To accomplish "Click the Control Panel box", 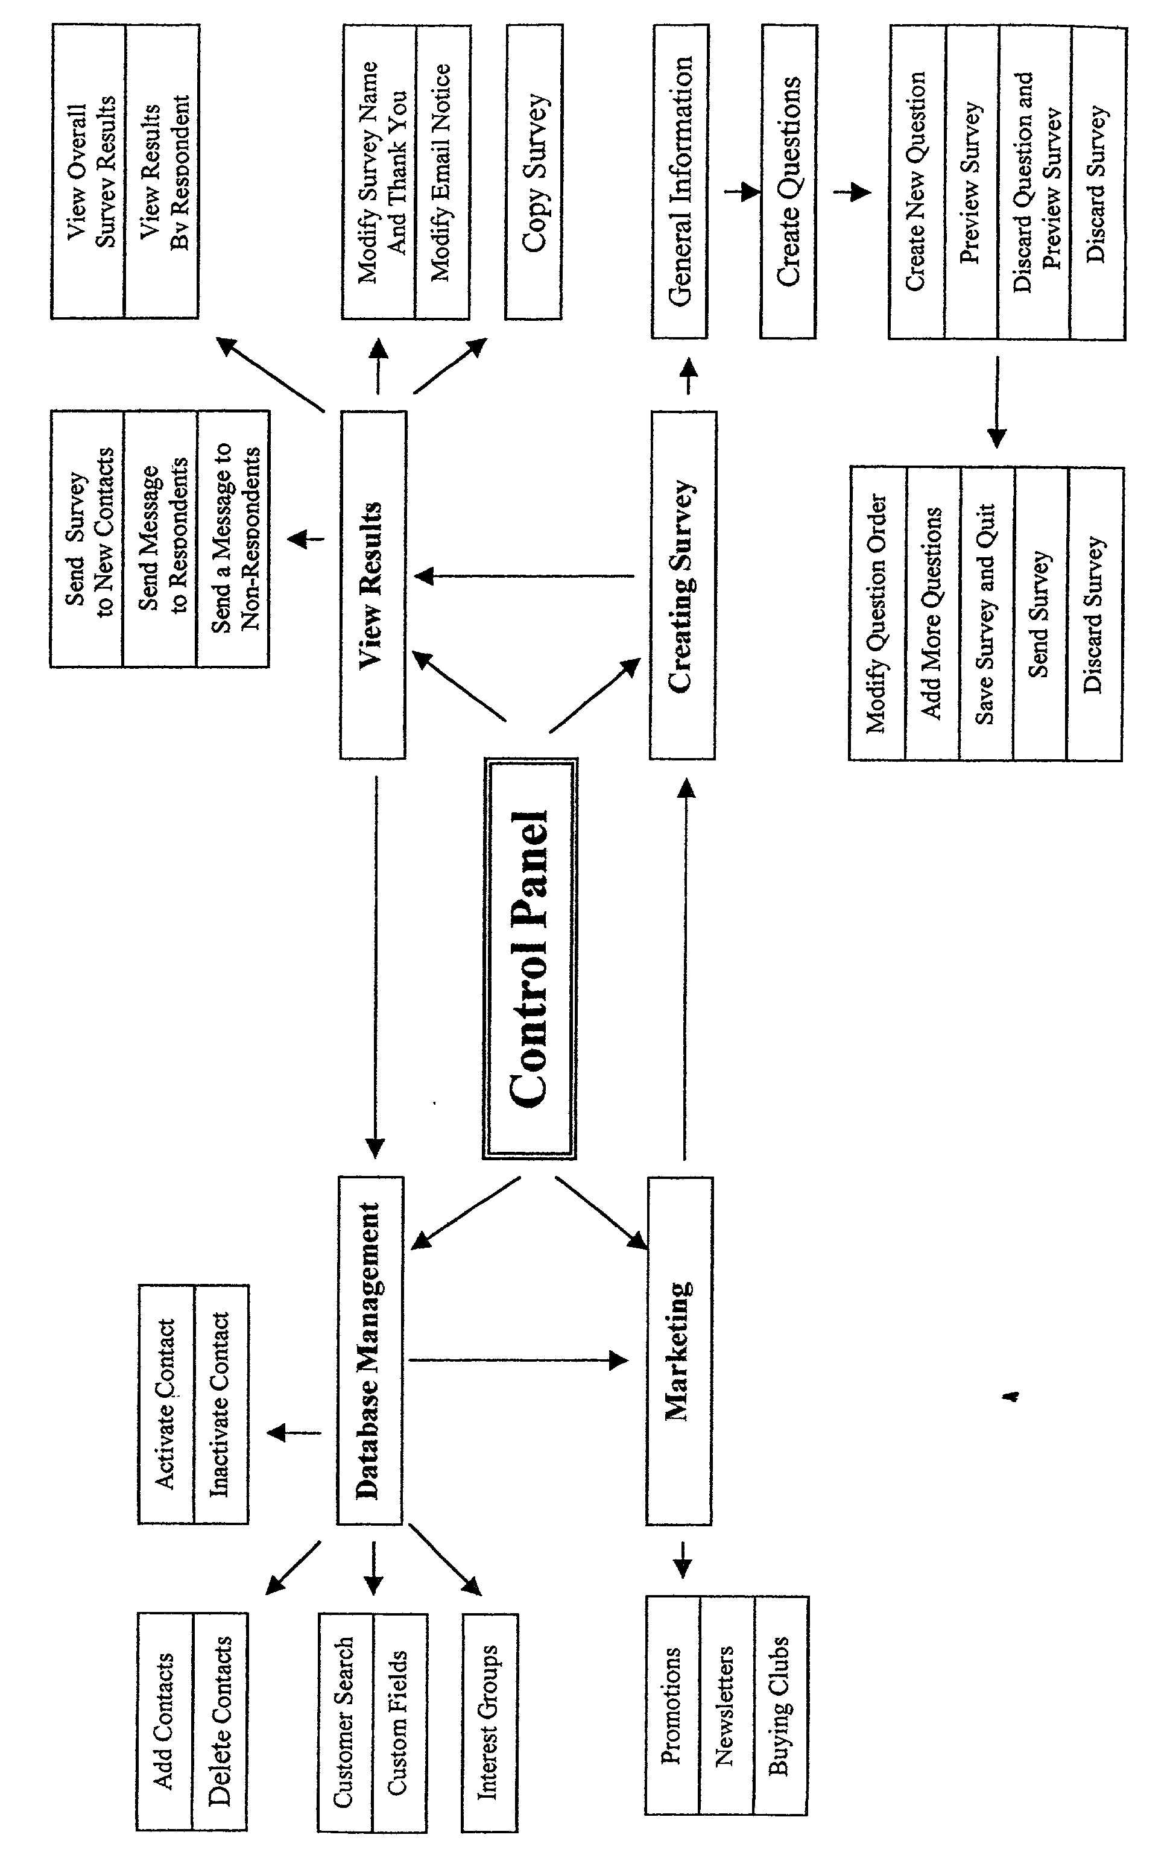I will click(530, 958).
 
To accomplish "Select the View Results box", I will click(373, 584).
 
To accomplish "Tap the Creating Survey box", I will click(683, 584).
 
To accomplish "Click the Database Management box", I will click(370, 1350).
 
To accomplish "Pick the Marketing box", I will click(679, 1350).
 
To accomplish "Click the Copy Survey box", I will click(533, 172).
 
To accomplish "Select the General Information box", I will click(679, 181).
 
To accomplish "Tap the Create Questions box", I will click(788, 181).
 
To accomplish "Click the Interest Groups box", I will click(489, 1722).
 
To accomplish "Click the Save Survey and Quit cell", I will click(986, 614).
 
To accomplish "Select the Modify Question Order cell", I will click(877, 614).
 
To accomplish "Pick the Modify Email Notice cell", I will click(442, 172).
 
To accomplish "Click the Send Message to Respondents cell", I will click(160, 538).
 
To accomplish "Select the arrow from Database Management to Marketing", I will click(517, 1360).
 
